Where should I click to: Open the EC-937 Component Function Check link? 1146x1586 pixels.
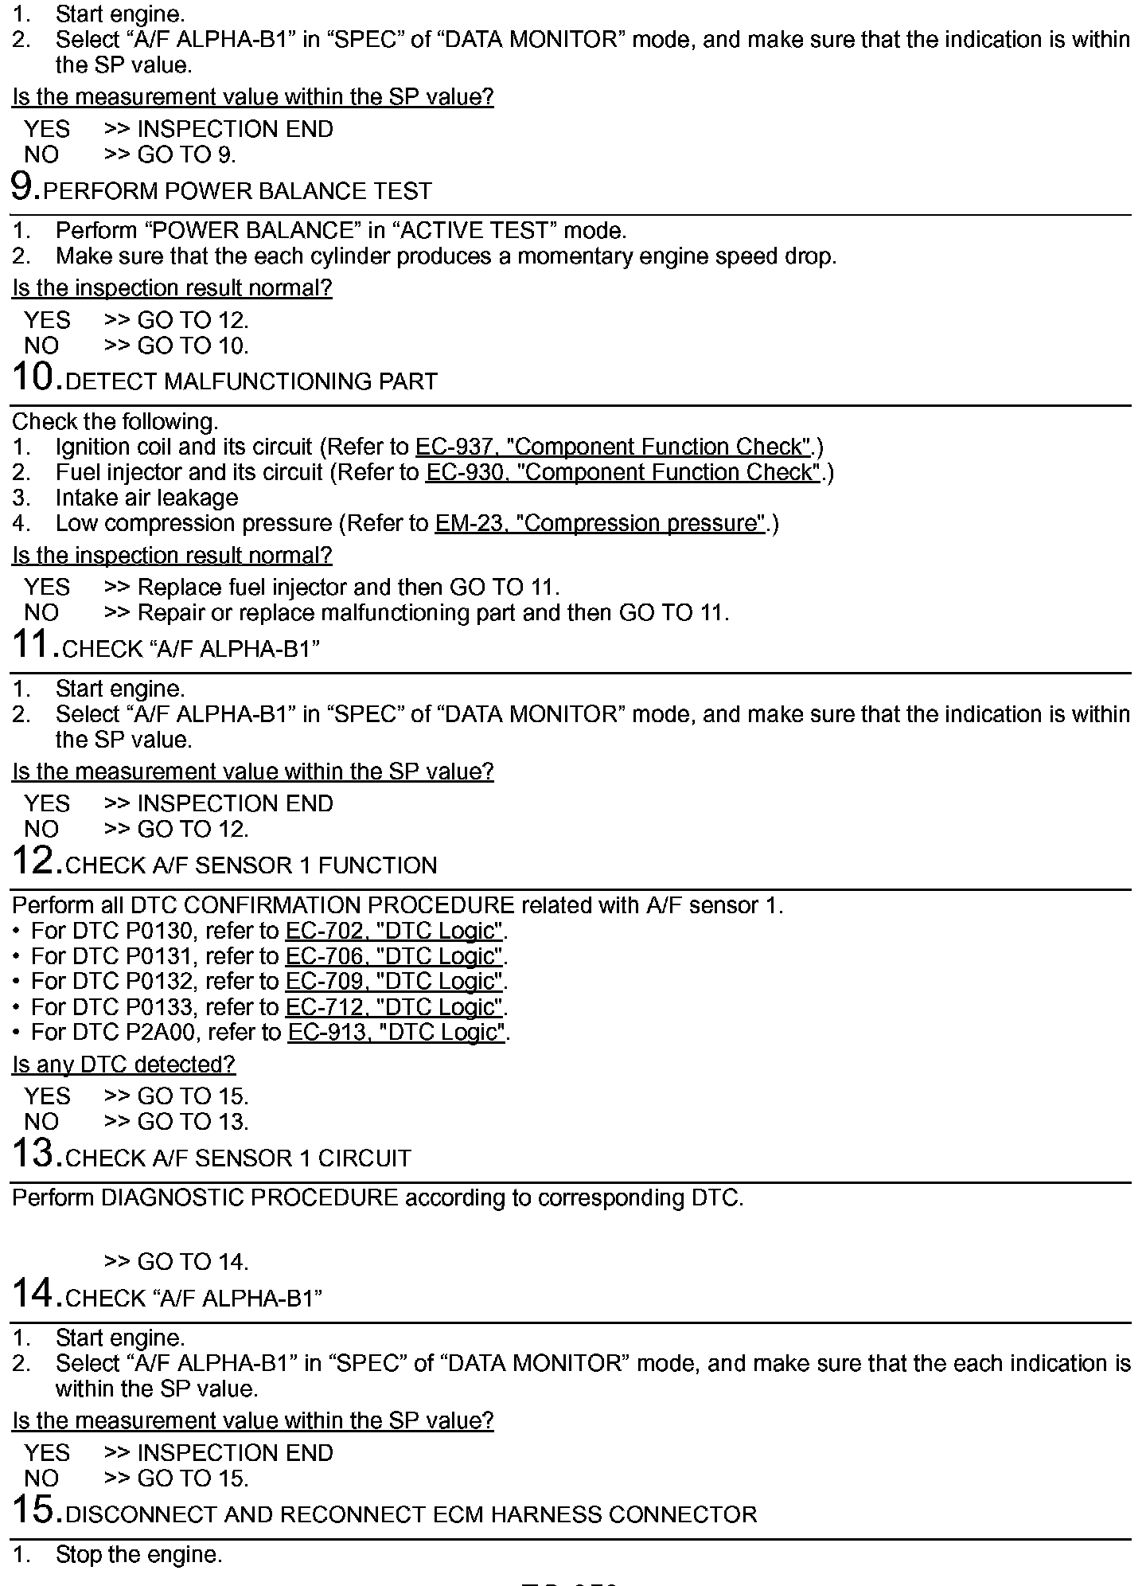[x=613, y=447]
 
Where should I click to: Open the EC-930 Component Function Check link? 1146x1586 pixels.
[x=623, y=472]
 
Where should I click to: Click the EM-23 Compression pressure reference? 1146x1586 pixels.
[x=601, y=523]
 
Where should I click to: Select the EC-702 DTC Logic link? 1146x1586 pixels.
[x=395, y=931]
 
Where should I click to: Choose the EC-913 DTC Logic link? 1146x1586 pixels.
[x=397, y=1033]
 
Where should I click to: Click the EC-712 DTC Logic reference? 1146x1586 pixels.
[x=395, y=1007]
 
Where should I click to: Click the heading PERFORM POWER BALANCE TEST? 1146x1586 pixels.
[x=237, y=191]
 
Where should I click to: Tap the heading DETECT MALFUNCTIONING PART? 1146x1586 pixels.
[x=251, y=381]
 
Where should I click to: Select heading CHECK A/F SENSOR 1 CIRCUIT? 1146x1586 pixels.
[x=238, y=1158]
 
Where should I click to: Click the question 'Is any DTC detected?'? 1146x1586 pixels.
[x=123, y=1064]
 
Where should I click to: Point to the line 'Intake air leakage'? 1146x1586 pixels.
[x=146, y=498]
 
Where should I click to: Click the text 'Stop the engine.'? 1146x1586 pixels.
[x=138, y=1554]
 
